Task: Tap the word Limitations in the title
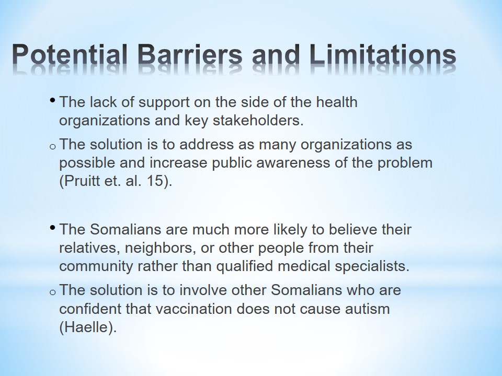point(383,54)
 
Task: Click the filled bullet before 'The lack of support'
point(52,100)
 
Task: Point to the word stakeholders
point(258,120)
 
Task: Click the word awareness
point(293,163)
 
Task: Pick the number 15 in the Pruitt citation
point(155,181)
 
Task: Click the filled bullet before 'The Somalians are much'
point(52,227)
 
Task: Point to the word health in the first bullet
point(336,102)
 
